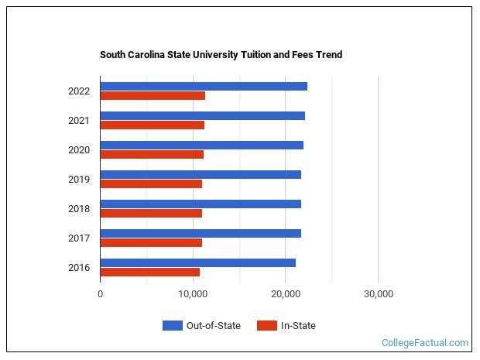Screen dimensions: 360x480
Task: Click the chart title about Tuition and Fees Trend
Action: tap(221, 55)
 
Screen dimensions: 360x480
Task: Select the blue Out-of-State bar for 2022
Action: tap(204, 86)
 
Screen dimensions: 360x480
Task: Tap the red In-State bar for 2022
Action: tap(153, 96)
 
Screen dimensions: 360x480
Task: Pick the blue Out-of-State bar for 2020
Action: tap(201, 145)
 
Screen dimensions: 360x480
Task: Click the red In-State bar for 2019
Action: tap(151, 184)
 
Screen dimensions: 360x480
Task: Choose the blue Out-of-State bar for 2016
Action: tap(197, 262)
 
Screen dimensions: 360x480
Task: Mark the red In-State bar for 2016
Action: tap(150, 273)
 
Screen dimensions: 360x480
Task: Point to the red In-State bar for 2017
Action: tap(151, 243)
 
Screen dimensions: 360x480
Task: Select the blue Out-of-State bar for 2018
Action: tap(201, 204)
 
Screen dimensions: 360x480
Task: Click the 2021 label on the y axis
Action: tap(79, 121)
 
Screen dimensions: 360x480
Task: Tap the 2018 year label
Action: tap(79, 209)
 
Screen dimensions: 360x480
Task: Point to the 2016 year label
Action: tap(79, 268)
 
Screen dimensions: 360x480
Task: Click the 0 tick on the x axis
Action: tap(100, 294)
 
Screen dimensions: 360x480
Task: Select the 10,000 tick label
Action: tap(193, 294)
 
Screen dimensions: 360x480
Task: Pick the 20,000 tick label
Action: tap(286, 294)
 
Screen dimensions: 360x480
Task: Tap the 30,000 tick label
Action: tap(378, 294)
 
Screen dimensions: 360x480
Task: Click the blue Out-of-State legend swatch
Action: tap(172, 326)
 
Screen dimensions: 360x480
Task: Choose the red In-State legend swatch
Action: tap(267, 326)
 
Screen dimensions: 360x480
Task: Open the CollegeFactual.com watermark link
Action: tap(425, 342)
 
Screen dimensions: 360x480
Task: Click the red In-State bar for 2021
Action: tap(152, 125)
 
